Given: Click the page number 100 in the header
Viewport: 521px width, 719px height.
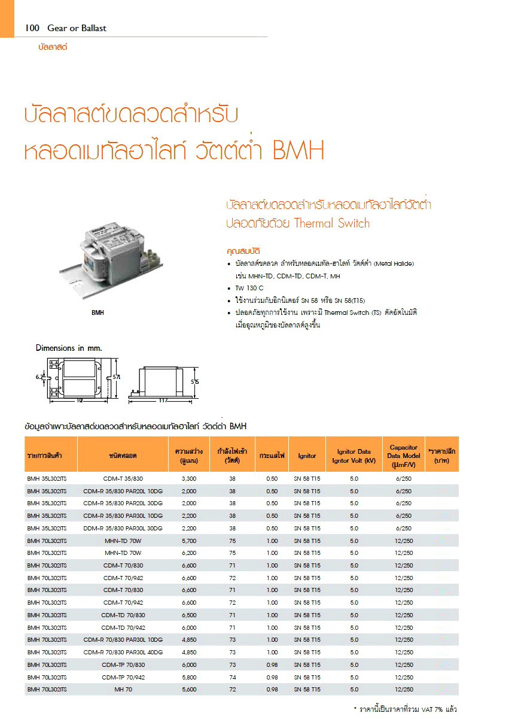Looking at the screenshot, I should coord(32,28).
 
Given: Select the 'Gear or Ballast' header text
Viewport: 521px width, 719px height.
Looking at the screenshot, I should coord(73,28).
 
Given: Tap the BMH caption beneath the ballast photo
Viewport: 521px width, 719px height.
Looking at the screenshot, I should coord(98,312).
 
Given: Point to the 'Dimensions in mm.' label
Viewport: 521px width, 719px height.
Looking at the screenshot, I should coord(69,348).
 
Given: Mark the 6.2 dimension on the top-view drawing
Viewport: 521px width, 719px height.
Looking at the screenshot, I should coord(40,377).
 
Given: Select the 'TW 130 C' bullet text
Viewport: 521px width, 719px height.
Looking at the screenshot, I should coord(249,288).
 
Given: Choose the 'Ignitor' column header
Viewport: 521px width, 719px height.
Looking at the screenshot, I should coord(307,456).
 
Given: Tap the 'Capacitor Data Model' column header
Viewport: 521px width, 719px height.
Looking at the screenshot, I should coord(403,456).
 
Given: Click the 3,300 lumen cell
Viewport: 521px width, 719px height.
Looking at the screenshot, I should coord(188,479).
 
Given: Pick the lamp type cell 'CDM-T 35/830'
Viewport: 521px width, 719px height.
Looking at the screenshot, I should coord(123,479).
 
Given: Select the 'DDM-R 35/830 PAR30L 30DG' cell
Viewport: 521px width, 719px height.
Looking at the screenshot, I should coord(123,529).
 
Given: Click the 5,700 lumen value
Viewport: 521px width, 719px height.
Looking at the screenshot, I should coord(188,541).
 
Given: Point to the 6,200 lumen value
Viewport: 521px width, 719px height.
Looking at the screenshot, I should coord(188,553).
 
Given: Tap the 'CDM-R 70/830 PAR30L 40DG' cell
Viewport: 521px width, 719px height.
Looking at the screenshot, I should coord(123,653).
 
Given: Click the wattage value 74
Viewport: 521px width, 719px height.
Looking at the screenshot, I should coord(232,677).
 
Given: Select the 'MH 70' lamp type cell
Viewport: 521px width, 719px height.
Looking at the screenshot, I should coord(123,690).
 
